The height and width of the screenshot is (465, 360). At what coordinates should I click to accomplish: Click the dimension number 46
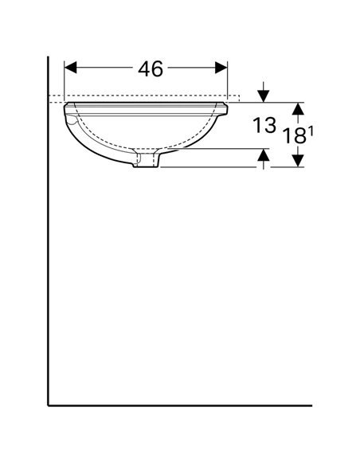[x=151, y=68]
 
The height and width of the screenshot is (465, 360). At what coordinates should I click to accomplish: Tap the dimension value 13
[x=264, y=125]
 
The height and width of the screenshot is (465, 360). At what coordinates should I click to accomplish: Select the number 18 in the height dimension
[x=295, y=136]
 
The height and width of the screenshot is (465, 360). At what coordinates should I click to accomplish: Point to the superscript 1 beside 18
[x=311, y=131]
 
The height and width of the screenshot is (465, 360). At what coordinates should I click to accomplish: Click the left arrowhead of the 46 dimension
[x=71, y=68]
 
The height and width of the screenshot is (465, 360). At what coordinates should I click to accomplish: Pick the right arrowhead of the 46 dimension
[x=221, y=68]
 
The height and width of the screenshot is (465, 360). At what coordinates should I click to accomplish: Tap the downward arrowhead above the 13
[x=264, y=96]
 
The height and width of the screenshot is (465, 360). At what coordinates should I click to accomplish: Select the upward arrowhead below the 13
[x=264, y=154]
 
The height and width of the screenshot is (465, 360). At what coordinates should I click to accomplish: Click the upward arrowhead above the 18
[x=298, y=108]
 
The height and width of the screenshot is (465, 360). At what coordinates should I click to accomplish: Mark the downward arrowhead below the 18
[x=298, y=161]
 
